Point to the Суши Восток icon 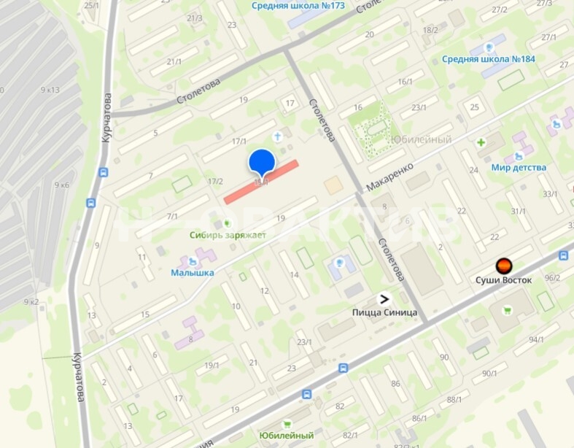pos(503,266)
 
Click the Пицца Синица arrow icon pos(383,298)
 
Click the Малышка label pos(193,273)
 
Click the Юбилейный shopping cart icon pos(287,423)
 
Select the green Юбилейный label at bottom pos(287,436)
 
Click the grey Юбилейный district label pos(421,139)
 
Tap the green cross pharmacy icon pos(481,142)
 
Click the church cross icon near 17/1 pos(277,136)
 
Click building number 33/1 pos(550,194)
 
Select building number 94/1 pos(537,339)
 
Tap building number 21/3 pos(194,18)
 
